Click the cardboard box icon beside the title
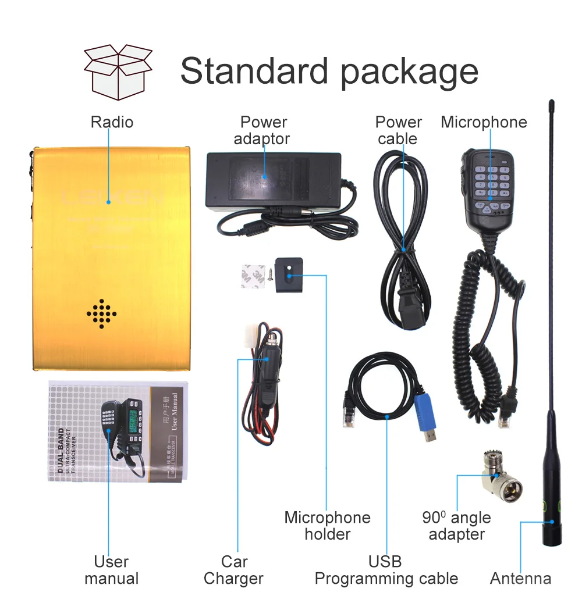[x=118, y=72]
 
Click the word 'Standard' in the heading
[x=254, y=71]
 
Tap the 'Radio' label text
[x=112, y=122]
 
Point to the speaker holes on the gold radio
[x=101, y=313]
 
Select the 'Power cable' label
[x=398, y=130]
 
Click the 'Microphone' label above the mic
[x=484, y=122]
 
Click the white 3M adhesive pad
[x=254, y=276]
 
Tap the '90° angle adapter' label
[x=456, y=526]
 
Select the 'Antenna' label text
[x=520, y=579]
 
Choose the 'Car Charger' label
[x=233, y=570]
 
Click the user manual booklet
[x=118, y=431]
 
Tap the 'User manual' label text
[x=111, y=570]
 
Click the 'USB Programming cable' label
[x=386, y=570]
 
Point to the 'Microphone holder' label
[x=327, y=526]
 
